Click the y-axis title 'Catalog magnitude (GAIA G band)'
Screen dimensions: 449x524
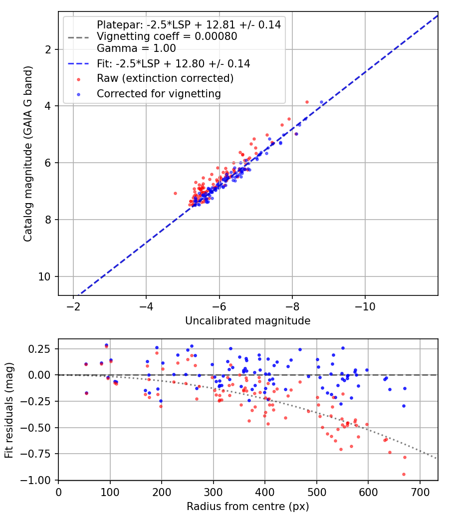point(28,154)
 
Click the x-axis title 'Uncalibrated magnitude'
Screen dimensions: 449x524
point(248,321)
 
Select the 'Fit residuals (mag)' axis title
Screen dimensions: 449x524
point(9,410)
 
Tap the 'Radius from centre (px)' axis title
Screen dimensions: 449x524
point(248,507)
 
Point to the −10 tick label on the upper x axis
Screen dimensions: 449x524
point(365,306)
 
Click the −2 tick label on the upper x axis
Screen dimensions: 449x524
point(73,306)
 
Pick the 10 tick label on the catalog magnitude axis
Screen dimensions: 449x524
point(44,276)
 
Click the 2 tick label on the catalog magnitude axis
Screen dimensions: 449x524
point(48,49)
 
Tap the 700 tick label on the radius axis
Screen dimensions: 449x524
point(420,492)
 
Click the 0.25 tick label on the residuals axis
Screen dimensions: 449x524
point(39,349)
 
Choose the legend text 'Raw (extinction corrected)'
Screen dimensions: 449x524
point(165,78)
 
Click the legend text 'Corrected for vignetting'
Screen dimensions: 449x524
point(159,94)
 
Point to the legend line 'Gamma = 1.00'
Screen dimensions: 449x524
point(136,48)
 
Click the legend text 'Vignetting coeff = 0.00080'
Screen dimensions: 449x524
point(167,36)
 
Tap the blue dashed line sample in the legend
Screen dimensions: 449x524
point(78,63)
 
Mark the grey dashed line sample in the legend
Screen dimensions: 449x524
point(78,37)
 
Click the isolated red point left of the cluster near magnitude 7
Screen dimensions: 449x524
point(175,194)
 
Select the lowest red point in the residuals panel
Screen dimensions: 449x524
point(404,474)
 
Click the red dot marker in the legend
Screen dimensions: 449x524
point(78,79)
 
